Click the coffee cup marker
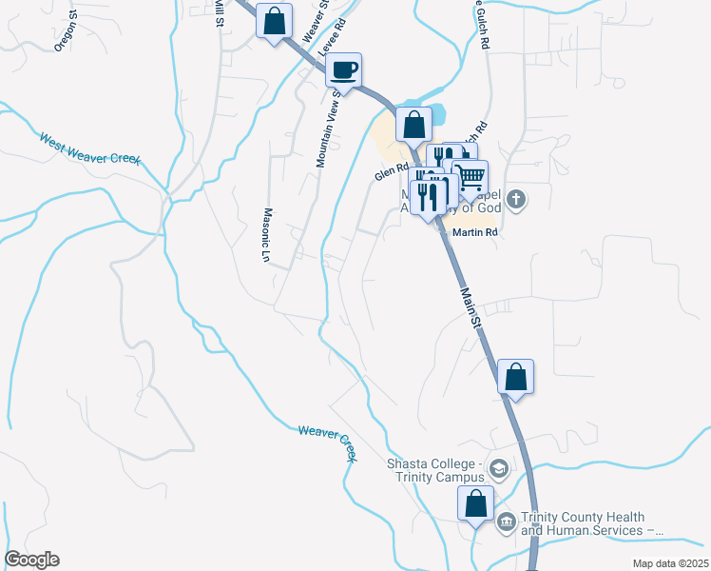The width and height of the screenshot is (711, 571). [343, 69]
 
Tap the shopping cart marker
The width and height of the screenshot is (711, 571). [470, 176]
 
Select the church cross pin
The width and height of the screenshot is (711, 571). [516, 200]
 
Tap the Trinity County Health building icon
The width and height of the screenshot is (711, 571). [505, 521]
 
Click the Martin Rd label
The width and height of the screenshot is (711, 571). [476, 232]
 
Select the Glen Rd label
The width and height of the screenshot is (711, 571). [391, 174]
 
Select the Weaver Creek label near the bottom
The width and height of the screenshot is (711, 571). [327, 443]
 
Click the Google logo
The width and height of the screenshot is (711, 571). [31, 560]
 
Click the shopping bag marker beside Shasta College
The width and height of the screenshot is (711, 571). [475, 503]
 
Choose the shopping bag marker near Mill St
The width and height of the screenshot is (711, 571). [274, 21]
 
